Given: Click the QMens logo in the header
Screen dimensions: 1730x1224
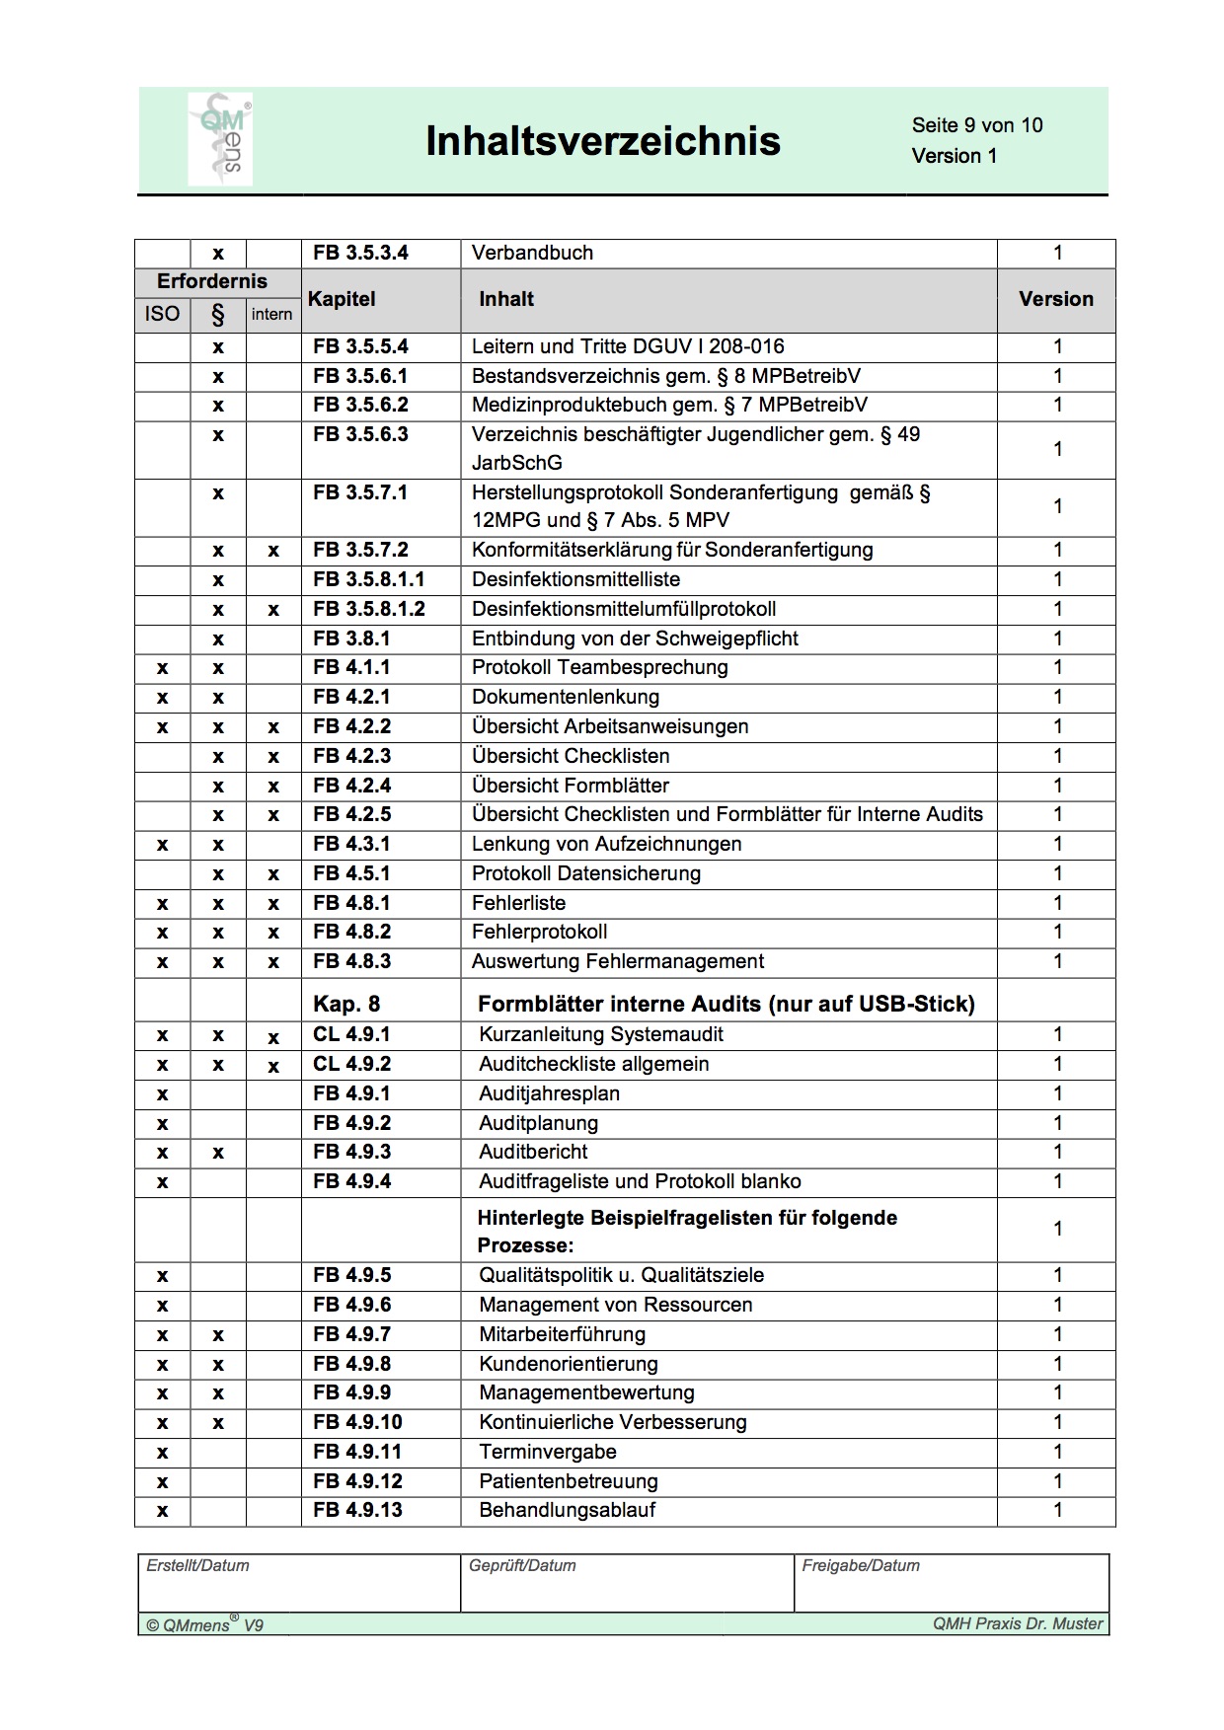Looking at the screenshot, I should coord(220,139).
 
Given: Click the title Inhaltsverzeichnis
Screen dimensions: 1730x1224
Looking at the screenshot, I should coord(602,141).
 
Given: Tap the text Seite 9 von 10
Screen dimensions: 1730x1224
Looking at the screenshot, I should coord(976,125).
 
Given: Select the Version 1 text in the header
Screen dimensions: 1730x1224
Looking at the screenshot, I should coord(954,156).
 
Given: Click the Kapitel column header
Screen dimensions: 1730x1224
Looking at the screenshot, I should coord(342,299).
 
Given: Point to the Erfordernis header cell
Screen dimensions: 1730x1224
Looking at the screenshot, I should coord(212,281).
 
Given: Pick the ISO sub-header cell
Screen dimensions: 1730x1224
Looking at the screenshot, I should coord(162,314).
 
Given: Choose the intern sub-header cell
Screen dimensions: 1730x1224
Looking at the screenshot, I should coord(271,314).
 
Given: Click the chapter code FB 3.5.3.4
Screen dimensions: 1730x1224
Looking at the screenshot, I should coord(360,253).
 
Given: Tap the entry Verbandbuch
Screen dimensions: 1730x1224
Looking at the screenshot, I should coord(532,253).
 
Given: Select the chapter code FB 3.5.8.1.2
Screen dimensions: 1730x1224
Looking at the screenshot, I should coord(368,609).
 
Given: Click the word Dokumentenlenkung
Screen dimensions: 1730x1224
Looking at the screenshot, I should coord(566,697).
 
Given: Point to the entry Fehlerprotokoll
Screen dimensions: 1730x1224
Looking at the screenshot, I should coord(539,932).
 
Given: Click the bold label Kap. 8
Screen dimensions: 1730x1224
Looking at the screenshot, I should coord(346,1004).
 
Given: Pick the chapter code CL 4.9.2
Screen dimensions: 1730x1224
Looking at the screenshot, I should coord(351,1064).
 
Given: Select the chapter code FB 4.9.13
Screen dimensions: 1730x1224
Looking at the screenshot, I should coord(357,1510).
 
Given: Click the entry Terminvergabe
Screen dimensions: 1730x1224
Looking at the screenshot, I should coord(548,1452).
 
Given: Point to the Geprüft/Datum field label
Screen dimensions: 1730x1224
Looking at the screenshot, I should coord(522,1565).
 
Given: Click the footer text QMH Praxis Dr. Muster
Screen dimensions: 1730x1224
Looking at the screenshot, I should coord(1017,1623).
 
